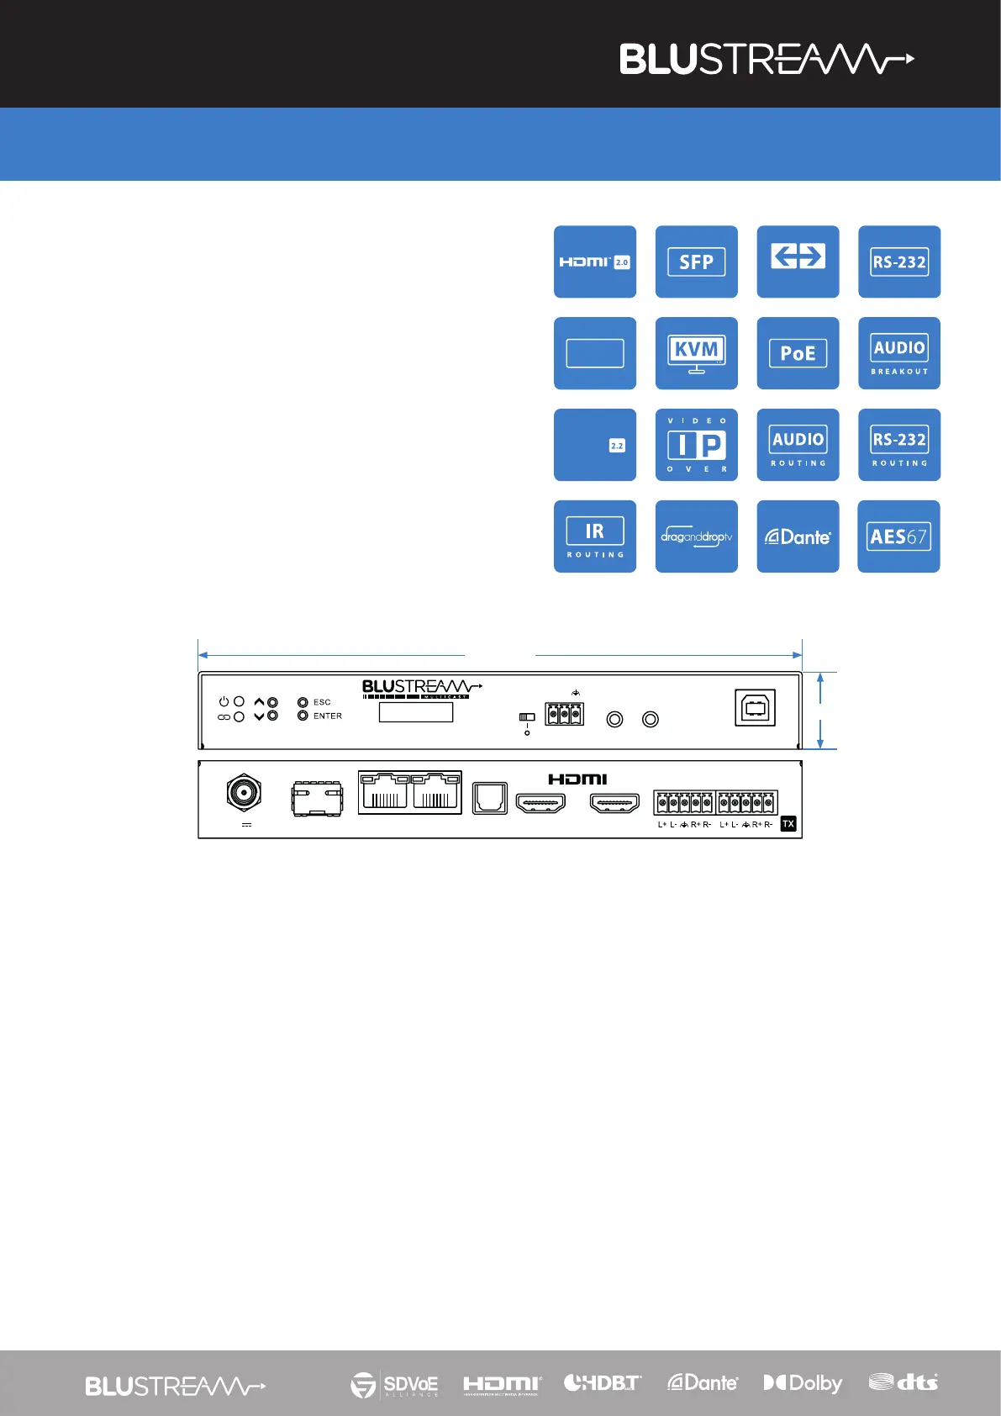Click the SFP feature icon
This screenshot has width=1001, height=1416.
[x=696, y=262]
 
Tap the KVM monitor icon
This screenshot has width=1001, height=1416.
[x=696, y=353]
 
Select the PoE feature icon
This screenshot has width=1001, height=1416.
[x=798, y=353]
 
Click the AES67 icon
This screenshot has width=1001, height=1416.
[x=898, y=536]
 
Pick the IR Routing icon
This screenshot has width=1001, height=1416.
[x=594, y=536]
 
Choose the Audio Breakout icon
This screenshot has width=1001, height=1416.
[x=898, y=353]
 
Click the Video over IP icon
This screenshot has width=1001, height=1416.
[x=696, y=445]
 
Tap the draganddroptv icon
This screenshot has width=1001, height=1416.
[x=696, y=536]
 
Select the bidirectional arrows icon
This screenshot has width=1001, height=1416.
[x=798, y=262]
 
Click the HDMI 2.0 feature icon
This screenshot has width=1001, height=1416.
[x=594, y=262]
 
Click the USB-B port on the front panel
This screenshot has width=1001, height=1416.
[x=755, y=708]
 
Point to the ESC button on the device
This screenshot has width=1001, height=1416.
[x=303, y=702]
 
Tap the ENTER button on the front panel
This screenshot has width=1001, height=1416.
[x=303, y=716]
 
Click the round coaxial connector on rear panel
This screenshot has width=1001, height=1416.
[x=244, y=792]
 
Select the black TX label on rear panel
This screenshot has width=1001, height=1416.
[x=788, y=824]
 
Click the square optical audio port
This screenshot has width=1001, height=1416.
[x=489, y=798]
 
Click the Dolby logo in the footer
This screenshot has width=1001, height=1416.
[x=802, y=1383]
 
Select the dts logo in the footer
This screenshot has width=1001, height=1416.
[x=903, y=1382]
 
